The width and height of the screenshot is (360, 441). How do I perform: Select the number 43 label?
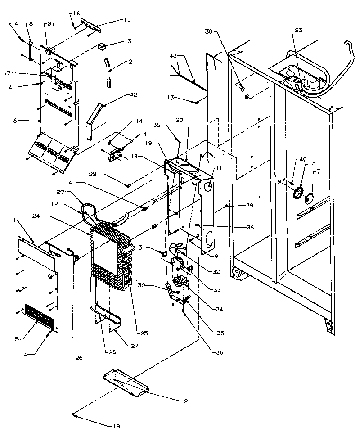(x=173, y=55)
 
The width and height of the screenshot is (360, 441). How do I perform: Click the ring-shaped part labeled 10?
(x=297, y=194)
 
